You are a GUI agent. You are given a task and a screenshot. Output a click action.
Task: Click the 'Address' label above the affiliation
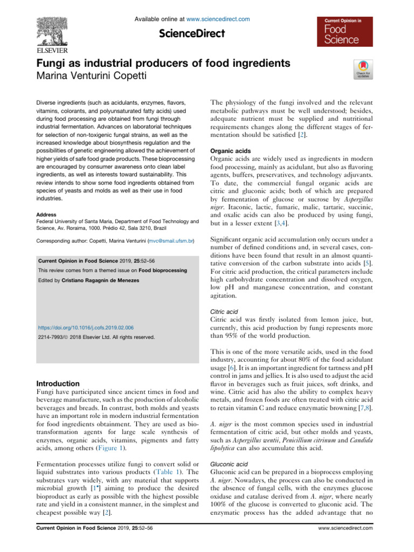(47, 214)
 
